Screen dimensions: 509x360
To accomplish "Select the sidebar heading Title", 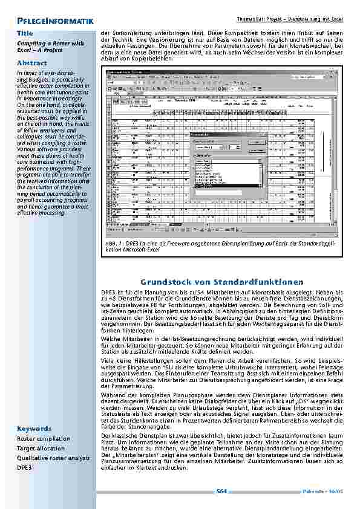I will (25, 33).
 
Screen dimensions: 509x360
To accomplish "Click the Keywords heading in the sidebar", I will (34, 429).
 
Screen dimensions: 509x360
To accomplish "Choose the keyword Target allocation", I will (41, 449).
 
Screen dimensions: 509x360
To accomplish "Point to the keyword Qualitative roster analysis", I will (52, 458).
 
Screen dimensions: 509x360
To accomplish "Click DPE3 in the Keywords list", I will (25, 467).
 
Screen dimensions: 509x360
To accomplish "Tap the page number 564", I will (221, 491).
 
